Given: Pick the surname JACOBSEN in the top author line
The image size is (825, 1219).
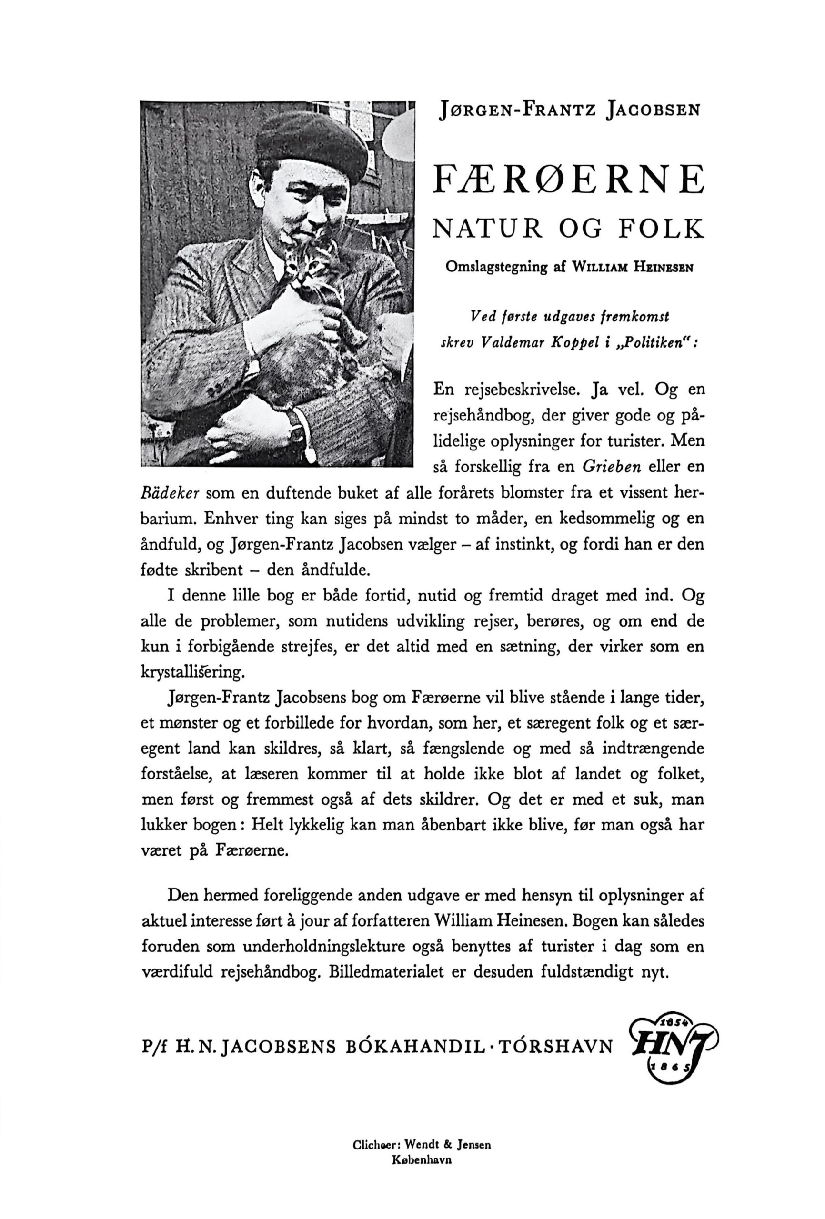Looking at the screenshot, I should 652,110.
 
